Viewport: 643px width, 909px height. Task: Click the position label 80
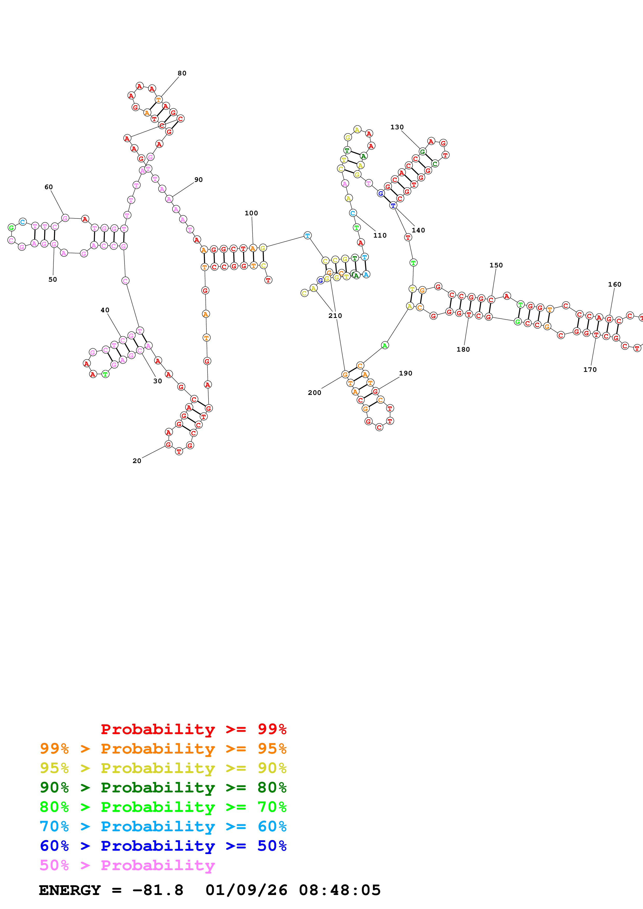pyautogui.click(x=182, y=73)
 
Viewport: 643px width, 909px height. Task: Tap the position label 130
pyautogui.click(x=397, y=127)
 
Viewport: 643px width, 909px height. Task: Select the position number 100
pyautogui.click(x=251, y=213)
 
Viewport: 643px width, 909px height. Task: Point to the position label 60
pyautogui.click(x=48, y=187)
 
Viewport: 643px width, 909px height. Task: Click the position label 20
pyautogui.click(x=137, y=461)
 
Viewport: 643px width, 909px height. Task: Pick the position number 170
pyautogui.click(x=590, y=370)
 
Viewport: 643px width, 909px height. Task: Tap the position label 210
pyautogui.click(x=335, y=316)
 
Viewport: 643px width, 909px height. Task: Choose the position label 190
pyautogui.click(x=405, y=373)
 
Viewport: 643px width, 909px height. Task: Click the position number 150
pyautogui.click(x=496, y=265)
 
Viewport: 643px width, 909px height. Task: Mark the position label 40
pyautogui.click(x=105, y=310)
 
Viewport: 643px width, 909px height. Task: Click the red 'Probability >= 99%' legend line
pyautogui.click(x=193, y=729)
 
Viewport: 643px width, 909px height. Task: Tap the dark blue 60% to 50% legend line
pyautogui.click(x=163, y=846)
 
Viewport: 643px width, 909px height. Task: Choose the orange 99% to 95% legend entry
pyautogui.click(x=163, y=749)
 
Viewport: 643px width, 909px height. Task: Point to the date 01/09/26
pyautogui.click(x=246, y=890)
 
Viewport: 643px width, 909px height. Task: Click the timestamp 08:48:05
pyautogui.click(x=340, y=890)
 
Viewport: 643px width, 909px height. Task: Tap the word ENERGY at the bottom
pyautogui.click(x=70, y=890)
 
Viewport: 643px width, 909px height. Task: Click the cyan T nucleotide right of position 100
pyautogui.click(x=307, y=236)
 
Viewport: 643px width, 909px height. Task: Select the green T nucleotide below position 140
pyautogui.click(x=413, y=262)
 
